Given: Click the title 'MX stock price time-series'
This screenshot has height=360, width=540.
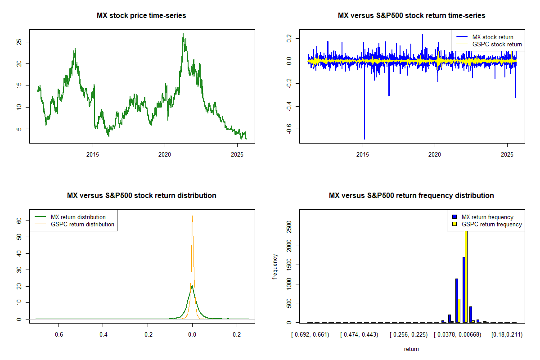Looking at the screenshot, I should [141, 16].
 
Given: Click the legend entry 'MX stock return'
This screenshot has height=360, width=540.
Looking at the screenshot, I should [492, 37].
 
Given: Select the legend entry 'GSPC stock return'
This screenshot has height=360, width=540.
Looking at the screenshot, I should [497, 44].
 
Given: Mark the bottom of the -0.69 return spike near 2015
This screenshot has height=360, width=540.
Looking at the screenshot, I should [364, 139].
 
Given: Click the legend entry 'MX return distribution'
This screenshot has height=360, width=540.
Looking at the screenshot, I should [78, 217].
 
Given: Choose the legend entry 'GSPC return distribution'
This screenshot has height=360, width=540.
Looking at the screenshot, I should [82, 224].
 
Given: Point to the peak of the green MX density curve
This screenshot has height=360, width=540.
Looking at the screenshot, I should [192, 286].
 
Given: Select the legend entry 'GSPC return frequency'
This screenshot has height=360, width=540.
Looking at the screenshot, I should [492, 224].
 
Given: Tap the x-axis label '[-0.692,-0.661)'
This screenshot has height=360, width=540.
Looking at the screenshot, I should [310, 334].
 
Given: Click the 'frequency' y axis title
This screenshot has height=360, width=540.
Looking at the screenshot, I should [275, 266].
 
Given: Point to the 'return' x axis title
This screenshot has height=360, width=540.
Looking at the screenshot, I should [411, 349].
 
